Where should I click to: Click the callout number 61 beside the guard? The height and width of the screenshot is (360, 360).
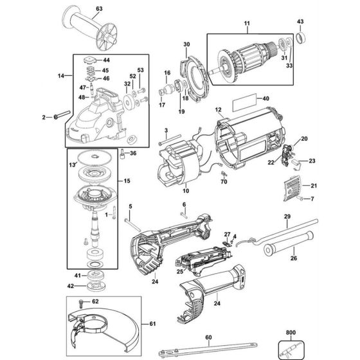pos(152,323)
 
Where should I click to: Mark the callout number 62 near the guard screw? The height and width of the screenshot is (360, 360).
pos(94,300)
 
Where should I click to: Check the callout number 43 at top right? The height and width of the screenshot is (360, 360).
pos(300,22)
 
